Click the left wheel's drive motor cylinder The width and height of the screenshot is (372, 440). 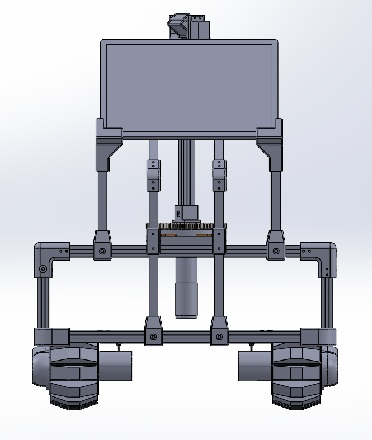tap(116, 366)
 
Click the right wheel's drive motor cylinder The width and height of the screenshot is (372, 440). tap(255, 366)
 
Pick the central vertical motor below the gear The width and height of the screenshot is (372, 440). tap(186, 288)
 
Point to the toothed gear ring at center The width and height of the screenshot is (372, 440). tap(186, 225)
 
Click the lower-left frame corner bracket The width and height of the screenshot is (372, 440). tap(51, 337)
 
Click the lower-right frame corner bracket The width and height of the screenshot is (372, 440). tap(319, 337)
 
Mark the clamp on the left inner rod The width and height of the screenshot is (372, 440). tap(153, 176)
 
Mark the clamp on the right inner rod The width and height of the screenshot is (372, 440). tap(219, 176)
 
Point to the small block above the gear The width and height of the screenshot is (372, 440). tap(186, 213)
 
